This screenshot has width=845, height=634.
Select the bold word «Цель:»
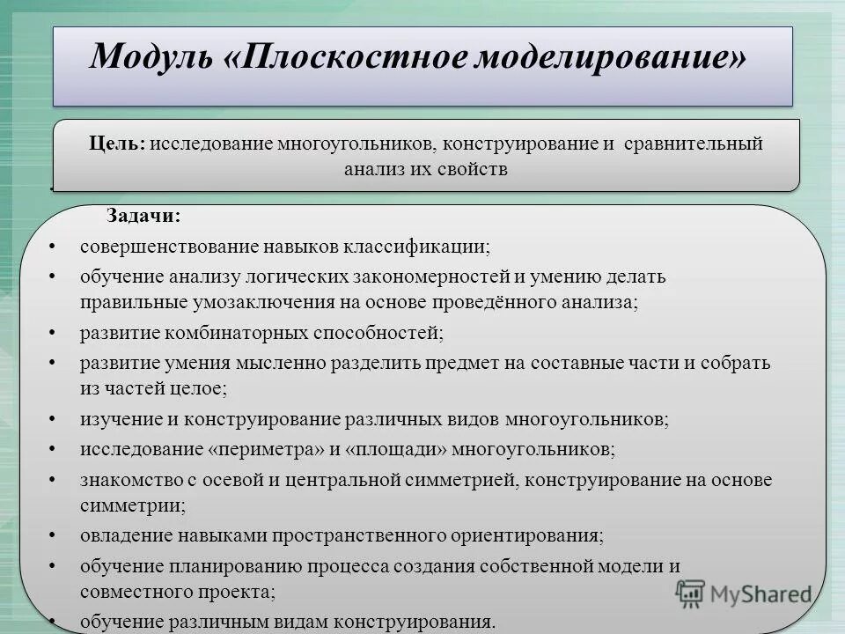coord(116,144)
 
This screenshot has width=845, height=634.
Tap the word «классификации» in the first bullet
coord(422,247)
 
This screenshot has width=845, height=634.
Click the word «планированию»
coord(228,566)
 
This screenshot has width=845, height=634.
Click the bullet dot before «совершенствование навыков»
coord(55,247)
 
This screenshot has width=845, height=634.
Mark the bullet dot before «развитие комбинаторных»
coord(55,333)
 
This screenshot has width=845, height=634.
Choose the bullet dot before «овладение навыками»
coord(55,535)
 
